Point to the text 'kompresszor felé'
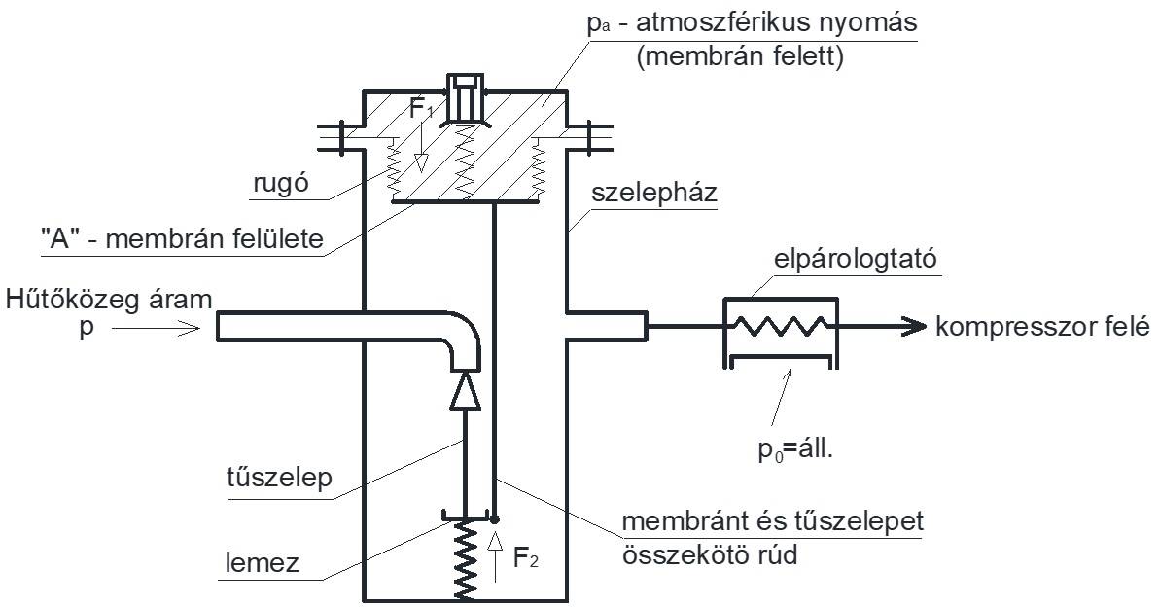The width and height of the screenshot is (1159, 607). (1043, 327)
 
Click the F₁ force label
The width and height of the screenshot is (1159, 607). (420, 109)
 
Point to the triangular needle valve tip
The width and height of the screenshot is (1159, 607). (466, 391)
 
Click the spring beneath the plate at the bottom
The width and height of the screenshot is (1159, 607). (467, 559)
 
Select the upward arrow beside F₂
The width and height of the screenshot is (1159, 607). (495, 553)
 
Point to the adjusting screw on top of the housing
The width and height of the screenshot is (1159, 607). (463, 97)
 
